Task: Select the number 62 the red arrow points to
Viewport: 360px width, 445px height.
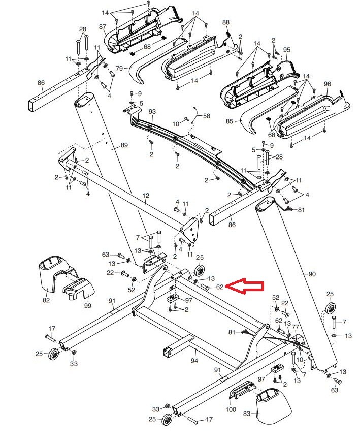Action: pyautogui.click(x=219, y=287)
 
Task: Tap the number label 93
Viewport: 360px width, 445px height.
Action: pyautogui.click(x=152, y=111)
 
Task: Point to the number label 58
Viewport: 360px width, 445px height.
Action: pyautogui.click(x=206, y=116)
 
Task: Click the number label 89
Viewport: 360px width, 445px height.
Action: pyautogui.click(x=124, y=145)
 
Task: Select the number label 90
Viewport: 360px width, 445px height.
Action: pyautogui.click(x=312, y=274)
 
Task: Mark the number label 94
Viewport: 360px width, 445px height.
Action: pyautogui.click(x=194, y=361)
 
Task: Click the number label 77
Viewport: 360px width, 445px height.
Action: pyautogui.click(x=296, y=327)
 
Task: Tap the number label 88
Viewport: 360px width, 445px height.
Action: pyautogui.click(x=226, y=22)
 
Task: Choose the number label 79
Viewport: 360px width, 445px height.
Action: pyautogui.click(x=120, y=69)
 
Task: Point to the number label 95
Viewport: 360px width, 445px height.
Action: pyautogui.click(x=287, y=50)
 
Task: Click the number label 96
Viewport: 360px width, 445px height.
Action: pyautogui.click(x=327, y=84)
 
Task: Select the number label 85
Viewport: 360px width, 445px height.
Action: pyautogui.click(x=229, y=121)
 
